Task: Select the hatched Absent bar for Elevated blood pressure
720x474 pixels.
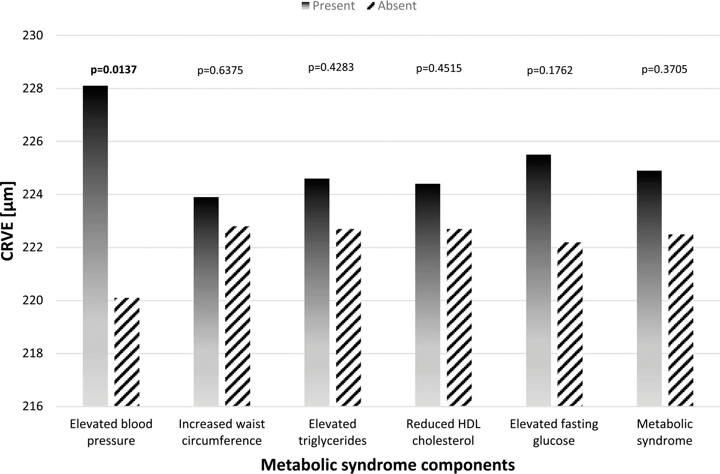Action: point(127,352)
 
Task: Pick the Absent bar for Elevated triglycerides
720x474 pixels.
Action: point(348,318)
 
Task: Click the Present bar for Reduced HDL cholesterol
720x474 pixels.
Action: point(428,295)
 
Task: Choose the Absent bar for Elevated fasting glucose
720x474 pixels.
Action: point(570,324)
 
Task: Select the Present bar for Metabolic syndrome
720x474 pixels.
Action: point(649,288)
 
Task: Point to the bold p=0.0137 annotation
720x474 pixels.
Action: point(114,70)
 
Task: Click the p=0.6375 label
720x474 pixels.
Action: point(220,71)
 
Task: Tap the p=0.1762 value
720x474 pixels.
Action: point(550,71)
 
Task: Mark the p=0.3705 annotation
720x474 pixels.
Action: point(664,70)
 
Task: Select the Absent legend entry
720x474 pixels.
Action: point(392,6)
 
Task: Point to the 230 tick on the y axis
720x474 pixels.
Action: point(33,36)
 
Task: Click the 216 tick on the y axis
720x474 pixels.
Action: point(33,406)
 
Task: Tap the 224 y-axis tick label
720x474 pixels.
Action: point(33,195)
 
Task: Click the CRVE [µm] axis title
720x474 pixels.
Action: point(8,221)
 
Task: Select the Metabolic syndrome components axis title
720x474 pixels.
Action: point(388,464)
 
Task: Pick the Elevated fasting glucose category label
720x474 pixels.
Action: point(554,432)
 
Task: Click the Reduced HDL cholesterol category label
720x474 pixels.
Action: point(443,432)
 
